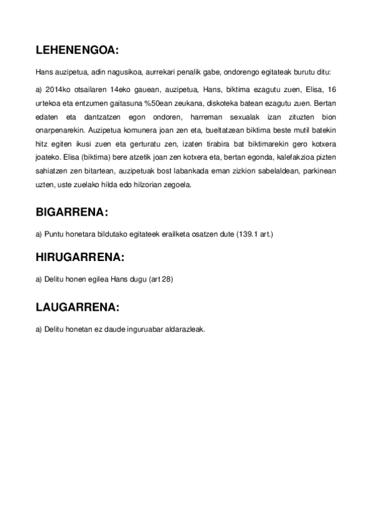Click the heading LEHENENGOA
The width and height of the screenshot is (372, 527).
(x=78, y=49)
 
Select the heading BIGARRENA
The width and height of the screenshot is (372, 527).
(x=72, y=213)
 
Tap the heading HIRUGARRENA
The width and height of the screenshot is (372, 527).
(x=80, y=257)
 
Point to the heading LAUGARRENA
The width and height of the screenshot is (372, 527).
(x=78, y=307)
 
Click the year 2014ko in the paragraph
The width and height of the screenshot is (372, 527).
(x=56, y=89)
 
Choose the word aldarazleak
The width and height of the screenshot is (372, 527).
(x=184, y=329)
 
